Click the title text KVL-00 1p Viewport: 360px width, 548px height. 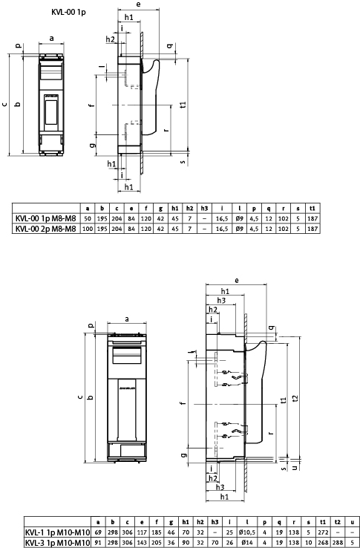pyautogui.click(x=68, y=13)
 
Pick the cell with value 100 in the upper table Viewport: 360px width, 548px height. pyautogui.click(x=88, y=229)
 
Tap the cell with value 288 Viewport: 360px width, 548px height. pyautogui.click(x=338, y=543)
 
